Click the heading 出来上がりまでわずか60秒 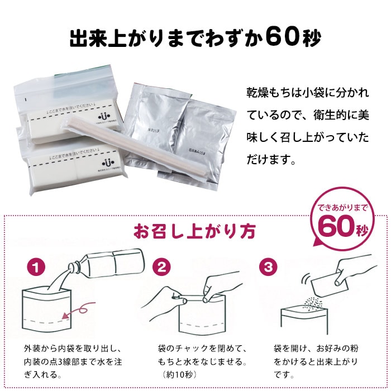pyautogui.click(x=195, y=40)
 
